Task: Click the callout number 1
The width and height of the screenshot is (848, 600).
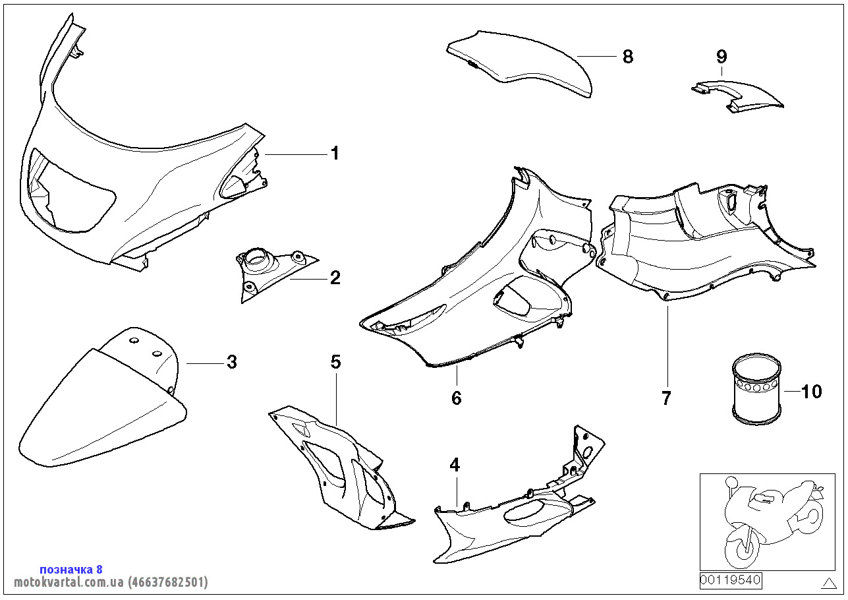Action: click(x=335, y=154)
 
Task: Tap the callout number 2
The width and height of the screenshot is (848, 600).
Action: click(x=335, y=278)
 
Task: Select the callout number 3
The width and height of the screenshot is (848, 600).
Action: click(x=232, y=362)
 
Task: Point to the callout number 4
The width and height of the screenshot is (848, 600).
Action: click(x=455, y=465)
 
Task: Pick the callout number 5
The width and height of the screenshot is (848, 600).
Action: click(x=336, y=362)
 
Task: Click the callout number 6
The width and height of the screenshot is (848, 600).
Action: click(x=457, y=398)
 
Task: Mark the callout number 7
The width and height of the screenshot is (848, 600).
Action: click(x=666, y=398)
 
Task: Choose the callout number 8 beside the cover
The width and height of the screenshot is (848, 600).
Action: click(x=628, y=57)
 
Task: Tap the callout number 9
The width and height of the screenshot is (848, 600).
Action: click(x=721, y=57)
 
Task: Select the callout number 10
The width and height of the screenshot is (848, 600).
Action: click(x=812, y=392)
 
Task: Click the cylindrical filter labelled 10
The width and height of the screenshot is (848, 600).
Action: click(x=756, y=389)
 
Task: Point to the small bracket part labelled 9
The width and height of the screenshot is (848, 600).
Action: click(x=737, y=96)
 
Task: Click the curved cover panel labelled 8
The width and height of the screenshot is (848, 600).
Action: click(x=519, y=63)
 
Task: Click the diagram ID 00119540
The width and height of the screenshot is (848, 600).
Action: click(x=730, y=580)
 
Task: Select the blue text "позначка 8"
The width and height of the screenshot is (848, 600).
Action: click(x=71, y=569)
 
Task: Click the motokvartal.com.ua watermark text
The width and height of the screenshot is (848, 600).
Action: click(x=111, y=582)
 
